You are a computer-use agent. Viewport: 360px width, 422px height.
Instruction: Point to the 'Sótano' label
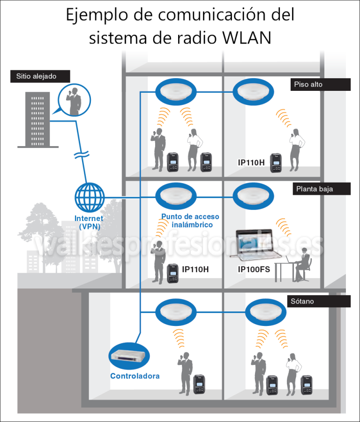[x=319, y=301]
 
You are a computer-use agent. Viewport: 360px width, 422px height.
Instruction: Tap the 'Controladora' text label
[x=135, y=376]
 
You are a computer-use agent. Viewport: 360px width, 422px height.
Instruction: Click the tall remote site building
[x=35, y=119]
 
